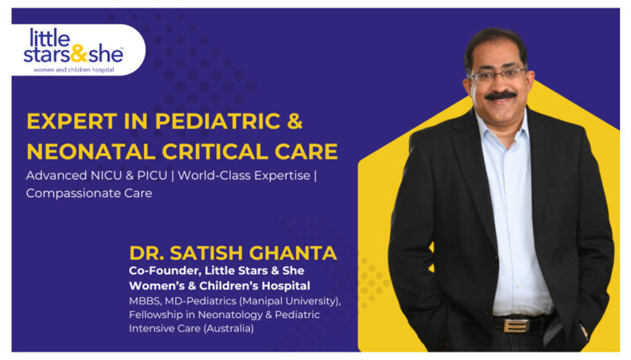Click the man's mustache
pos(501,95)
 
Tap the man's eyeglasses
pos(499,74)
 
